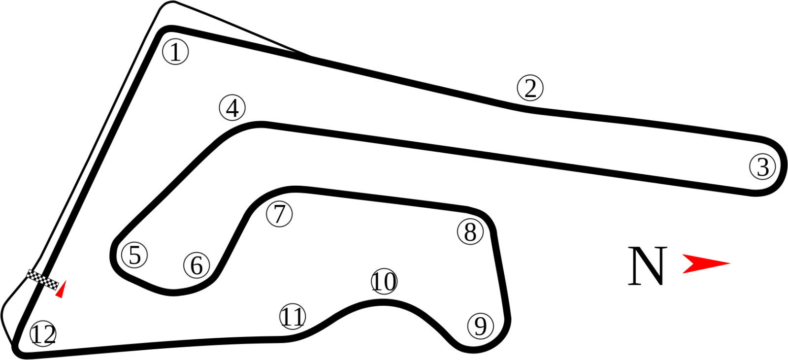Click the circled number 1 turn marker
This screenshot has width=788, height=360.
pyautogui.click(x=175, y=52)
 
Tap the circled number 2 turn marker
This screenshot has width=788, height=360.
pyautogui.click(x=530, y=88)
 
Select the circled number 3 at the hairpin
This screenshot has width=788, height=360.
pyautogui.click(x=762, y=166)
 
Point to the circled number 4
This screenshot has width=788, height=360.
pyautogui.click(x=232, y=108)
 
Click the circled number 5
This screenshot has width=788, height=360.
pyautogui.click(x=134, y=255)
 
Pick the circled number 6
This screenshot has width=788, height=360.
pyautogui.click(x=197, y=265)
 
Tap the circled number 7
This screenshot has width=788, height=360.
pyautogui.click(x=279, y=214)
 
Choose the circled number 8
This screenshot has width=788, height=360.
pyautogui.click(x=470, y=231)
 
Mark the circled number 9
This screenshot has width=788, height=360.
pyautogui.click(x=481, y=326)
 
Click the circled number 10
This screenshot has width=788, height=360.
pyautogui.click(x=384, y=281)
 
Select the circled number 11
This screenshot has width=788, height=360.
pyautogui.click(x=293, y=316)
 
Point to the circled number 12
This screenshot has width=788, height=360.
pyautogui.click(x=43, y=333)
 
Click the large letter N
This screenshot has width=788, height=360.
pyautogui.click(x=647, y=265)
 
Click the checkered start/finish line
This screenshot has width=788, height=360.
pyautogui.click(x=42, y=280)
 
